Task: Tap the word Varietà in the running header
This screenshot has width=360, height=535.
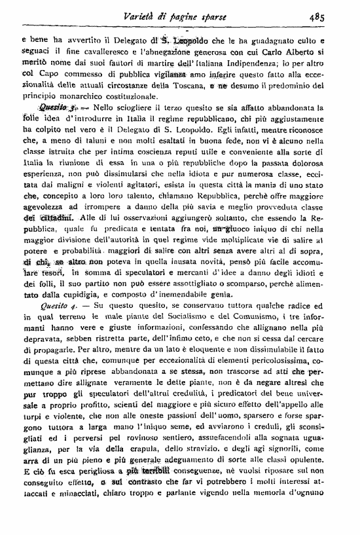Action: coord(142,17)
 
